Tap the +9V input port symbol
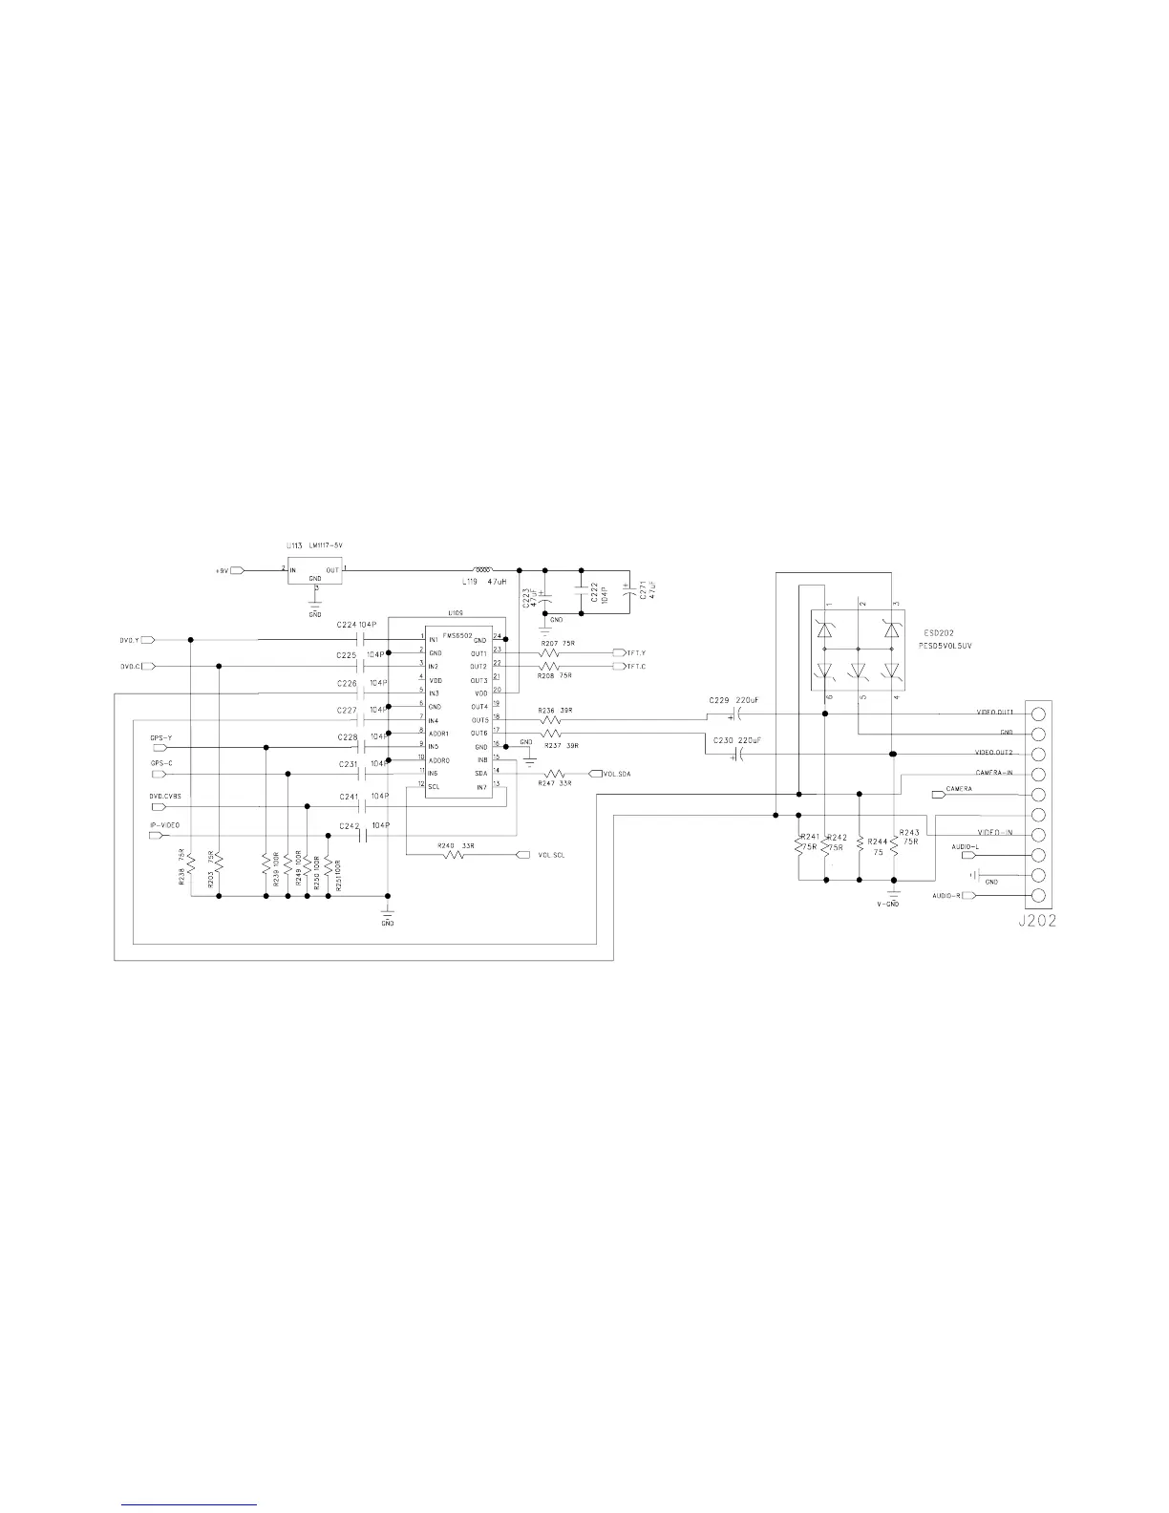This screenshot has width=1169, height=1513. tap(238, 571)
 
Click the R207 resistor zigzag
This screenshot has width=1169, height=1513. tap(549, 653)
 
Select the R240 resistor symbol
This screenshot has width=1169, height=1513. tap(455, 855)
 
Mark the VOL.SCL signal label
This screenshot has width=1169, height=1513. tap(551, 855)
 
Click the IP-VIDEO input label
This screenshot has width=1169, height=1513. tap(164, 824)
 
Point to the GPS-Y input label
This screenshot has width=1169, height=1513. tap(160, 737)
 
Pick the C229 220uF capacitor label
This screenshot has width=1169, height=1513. tap(734, 700)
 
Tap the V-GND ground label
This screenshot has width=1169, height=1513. tap(888, 904)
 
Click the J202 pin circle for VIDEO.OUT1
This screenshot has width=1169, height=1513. tap(1038, 714)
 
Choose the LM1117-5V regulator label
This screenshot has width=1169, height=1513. tap(326, 545)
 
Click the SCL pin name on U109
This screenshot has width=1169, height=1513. tap(435, 787)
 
